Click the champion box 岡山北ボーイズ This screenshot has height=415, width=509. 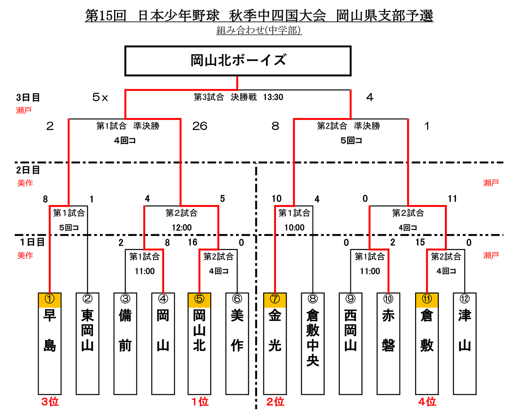[238, 61]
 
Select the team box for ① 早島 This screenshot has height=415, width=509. [50, 344]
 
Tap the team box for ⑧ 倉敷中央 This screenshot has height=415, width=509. [313, 344]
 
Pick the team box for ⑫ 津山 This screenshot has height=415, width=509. [464, 344]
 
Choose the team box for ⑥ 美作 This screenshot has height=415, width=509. [237, 344]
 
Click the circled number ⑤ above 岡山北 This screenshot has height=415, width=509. [199, 299]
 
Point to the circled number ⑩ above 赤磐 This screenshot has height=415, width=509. [388, 299]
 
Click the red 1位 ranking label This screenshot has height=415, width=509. [200, 402]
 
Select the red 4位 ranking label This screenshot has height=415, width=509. [427, 402]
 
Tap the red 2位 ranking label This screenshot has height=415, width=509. [275, 402]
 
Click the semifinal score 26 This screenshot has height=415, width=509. [200, 126]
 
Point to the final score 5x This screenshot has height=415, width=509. [100, 97]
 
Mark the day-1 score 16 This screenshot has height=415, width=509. [192, 242]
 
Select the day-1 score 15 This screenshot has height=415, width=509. [420, 242]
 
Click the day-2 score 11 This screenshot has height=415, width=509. [453, 199]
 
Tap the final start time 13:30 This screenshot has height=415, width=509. [273, 97]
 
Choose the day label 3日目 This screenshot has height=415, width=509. [28, 97]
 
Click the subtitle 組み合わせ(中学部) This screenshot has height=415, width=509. [259, 30]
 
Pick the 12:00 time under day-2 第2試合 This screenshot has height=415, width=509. [182, 228]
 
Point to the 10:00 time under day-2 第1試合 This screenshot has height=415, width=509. [294, 228]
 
